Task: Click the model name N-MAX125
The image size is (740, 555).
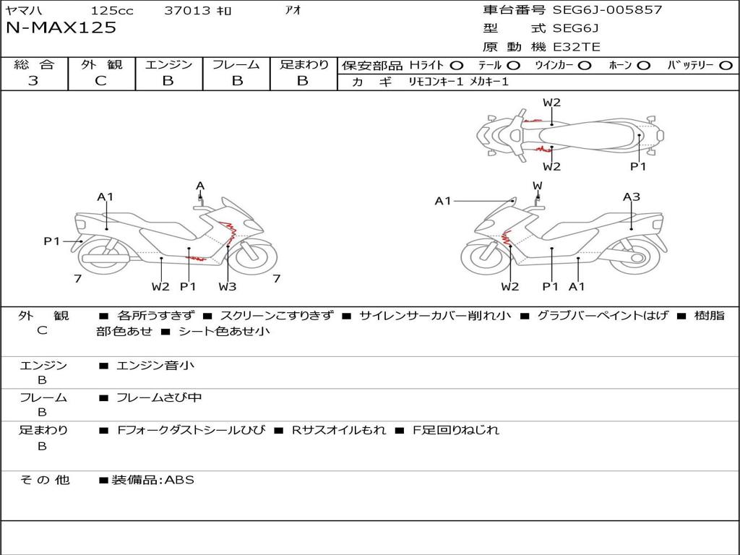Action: click(61, 28)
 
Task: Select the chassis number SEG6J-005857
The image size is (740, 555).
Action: click(607, 9)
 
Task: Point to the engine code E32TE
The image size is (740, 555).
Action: click(576, 47)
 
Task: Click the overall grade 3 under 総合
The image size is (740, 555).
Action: click(33, 81)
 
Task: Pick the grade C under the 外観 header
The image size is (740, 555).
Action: click(100, 81)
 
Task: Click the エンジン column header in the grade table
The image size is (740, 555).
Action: click(168, 64)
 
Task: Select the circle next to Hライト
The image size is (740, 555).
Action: click(457, 66)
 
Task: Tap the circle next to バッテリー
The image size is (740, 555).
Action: click(726, 66)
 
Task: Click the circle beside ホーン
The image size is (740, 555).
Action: click(644, 66)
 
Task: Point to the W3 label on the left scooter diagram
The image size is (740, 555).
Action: click(228, 286)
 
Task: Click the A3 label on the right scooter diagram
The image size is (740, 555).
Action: click(632, 197)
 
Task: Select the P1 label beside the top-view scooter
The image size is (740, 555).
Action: click(638, 167)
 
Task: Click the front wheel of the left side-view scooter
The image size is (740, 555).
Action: click(255, 258)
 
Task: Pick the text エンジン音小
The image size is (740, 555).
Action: click(155, 365)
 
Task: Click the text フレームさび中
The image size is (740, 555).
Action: click(159, 398)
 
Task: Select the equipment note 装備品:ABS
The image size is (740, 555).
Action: click(153, 480)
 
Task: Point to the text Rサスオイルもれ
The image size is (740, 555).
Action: click(339, 430)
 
